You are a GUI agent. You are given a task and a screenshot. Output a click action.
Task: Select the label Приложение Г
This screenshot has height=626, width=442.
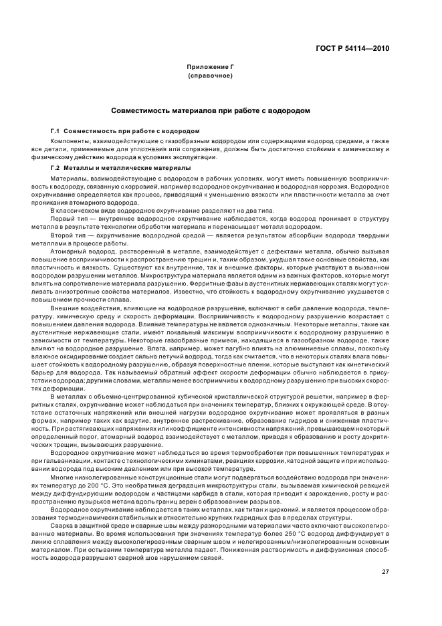pos(211,68)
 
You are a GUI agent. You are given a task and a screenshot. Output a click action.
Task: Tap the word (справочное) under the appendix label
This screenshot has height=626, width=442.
pos(211,76)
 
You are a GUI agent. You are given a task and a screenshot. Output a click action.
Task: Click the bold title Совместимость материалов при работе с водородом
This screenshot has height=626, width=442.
pos(211,110)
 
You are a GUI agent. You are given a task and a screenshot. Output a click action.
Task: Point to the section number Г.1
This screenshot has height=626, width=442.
pos(56,130)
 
